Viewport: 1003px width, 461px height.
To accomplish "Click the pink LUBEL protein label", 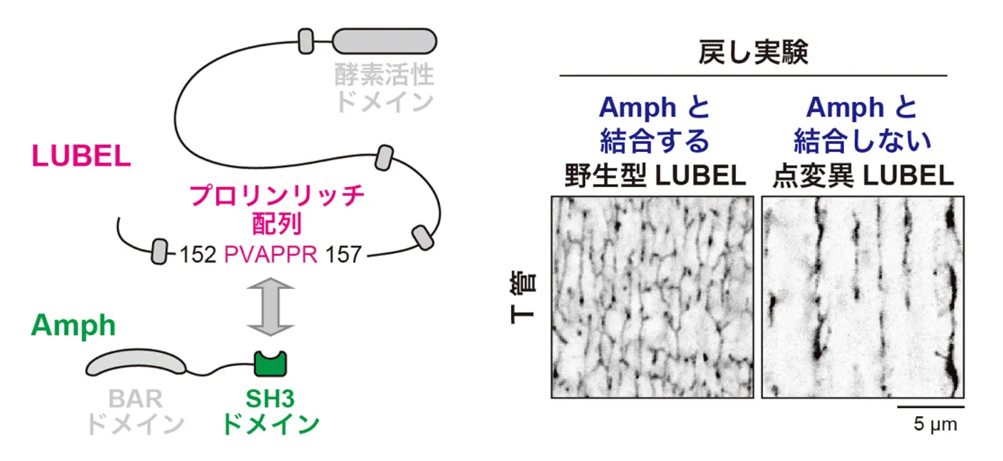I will click(x=81, y=157).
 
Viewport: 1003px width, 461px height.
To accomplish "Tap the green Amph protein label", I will click(x=73, y=325).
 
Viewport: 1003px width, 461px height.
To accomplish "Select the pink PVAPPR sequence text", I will click(x=271, y=255).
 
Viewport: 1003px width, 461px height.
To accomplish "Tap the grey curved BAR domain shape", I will click(x=136, y=362).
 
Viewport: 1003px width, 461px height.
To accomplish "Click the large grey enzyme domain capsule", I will click(x=384, y=41).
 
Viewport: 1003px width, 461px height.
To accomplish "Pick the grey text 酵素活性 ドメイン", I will click(x=384, y=88).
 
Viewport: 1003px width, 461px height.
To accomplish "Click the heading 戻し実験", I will click(x=753, y=52).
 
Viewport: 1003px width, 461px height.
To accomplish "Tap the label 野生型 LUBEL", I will click(x=654, y=177).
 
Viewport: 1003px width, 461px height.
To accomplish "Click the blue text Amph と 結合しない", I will click(x=863, y=124).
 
